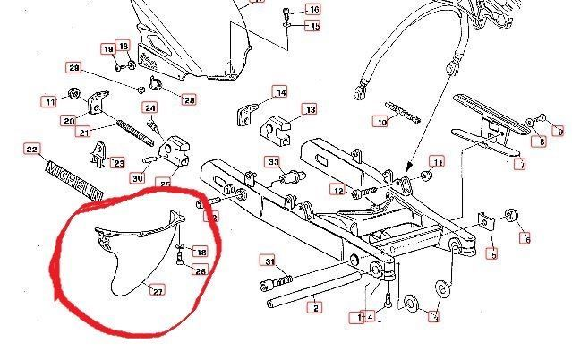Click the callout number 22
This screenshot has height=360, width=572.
[x=30, y=150]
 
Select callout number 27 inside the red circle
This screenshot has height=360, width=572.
[x=157, y=289]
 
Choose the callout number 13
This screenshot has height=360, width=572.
[x=310, y=110]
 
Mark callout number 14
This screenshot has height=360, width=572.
[x=280, y=92]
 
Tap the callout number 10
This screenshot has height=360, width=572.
[x=381, y=122]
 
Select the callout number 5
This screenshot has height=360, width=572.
[x=491, y=254]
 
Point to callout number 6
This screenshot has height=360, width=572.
[x=525, y=238]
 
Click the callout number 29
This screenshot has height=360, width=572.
[x=74, y=69]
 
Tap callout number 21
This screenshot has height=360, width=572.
[x=83, y=133]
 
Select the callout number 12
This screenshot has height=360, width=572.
[x=337, y=190]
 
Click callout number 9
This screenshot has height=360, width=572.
[x=559, y=132]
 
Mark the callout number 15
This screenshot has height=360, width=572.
[x=313, y=26]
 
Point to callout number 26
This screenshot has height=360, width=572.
[x=201, y=270]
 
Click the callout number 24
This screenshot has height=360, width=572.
[x=151, y=109]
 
